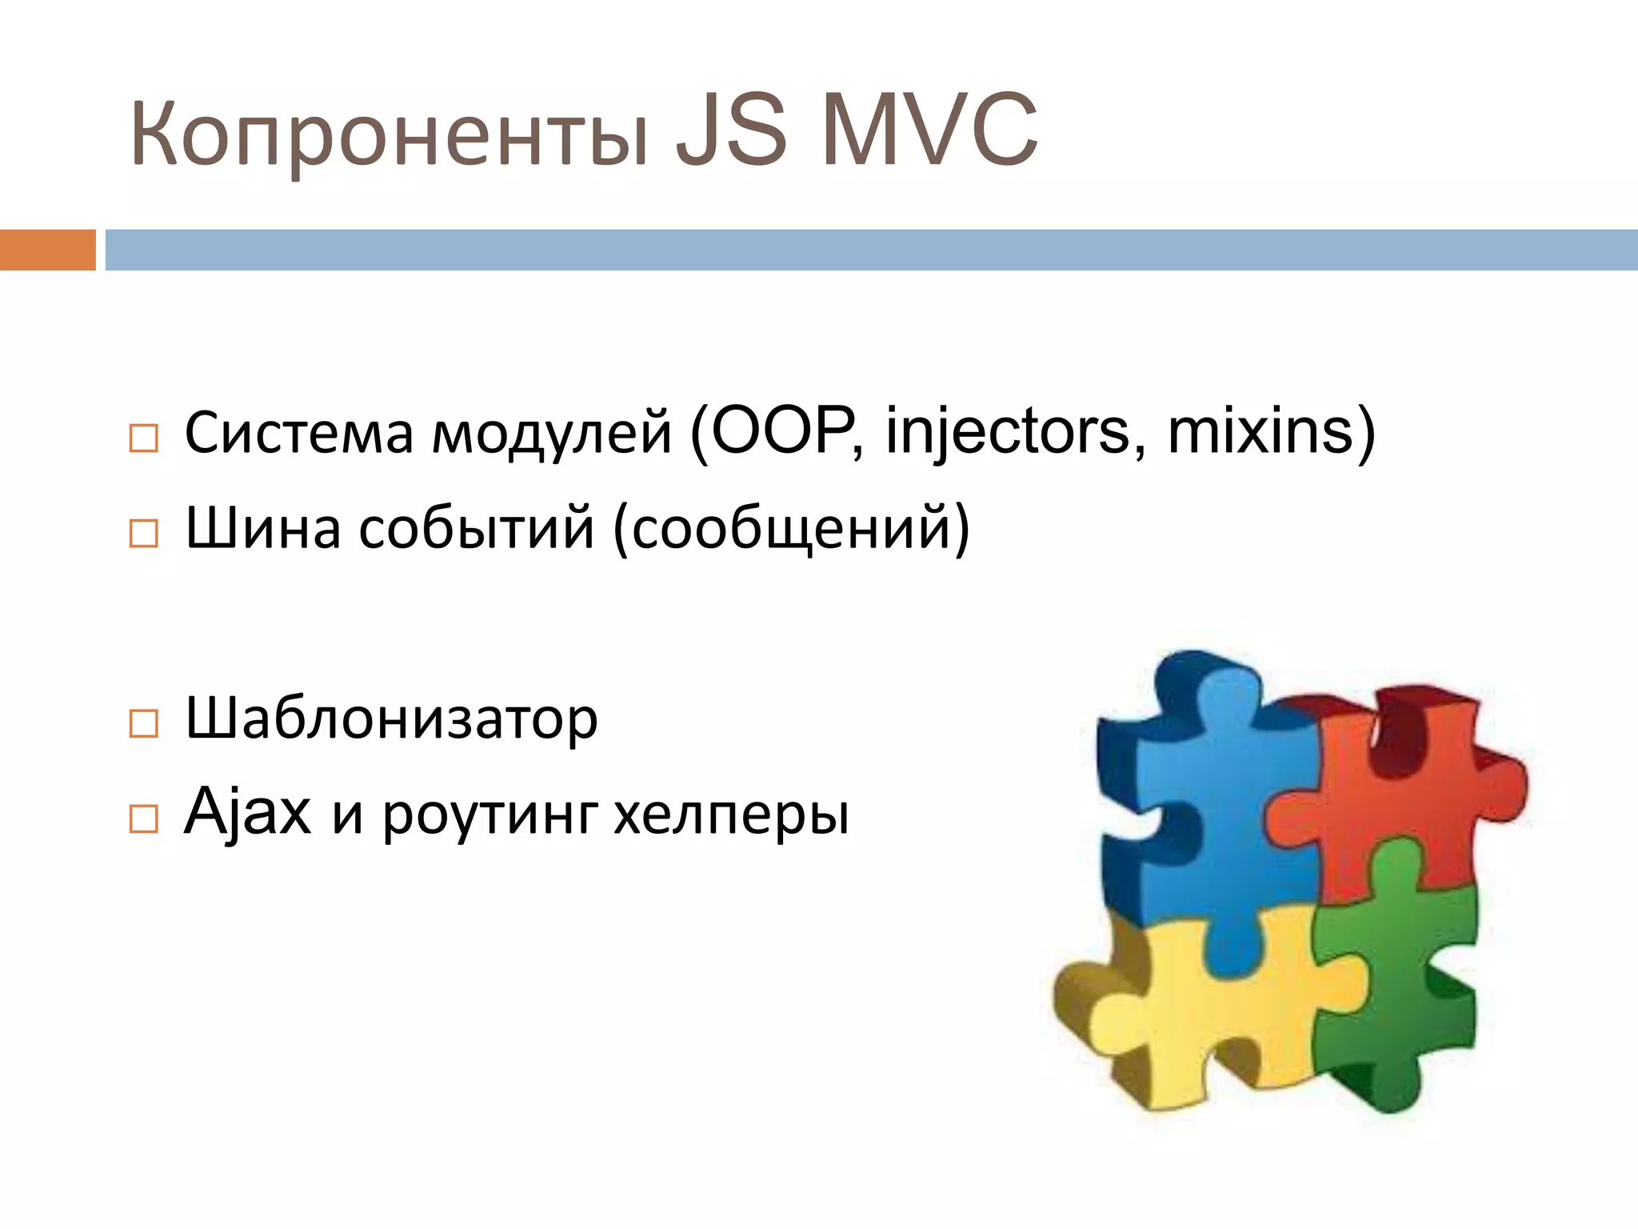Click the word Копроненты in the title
click(388, 132)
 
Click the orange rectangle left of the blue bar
click(47, 250)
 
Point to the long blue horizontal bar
click(871, 250)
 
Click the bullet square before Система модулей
click(144, 438)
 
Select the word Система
click(299, 433)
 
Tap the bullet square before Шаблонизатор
click(144, 723)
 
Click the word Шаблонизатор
click(391, 719)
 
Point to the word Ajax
click(247, 812)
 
